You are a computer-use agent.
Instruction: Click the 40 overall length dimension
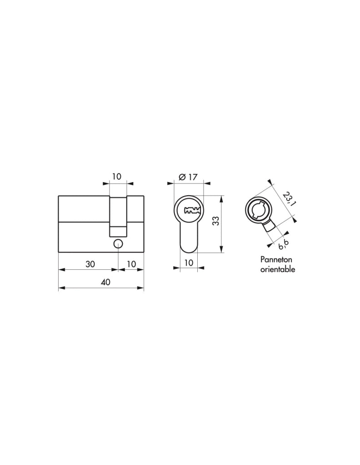click(x=105, y=282)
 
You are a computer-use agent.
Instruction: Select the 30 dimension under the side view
click(x=90, y=264)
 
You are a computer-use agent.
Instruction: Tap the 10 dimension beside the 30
click(x=131, y=264)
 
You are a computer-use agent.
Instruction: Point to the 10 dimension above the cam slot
click(x=117, y=177)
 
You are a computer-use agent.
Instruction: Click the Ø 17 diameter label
click(x=188, y=177)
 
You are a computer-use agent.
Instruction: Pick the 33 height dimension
click(x=216, y=221)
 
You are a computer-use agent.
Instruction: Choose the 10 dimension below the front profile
click(x=189, y=262)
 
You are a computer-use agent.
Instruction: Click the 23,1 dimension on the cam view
click(x=287, y=198)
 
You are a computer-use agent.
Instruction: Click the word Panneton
click(x=276, y=259)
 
